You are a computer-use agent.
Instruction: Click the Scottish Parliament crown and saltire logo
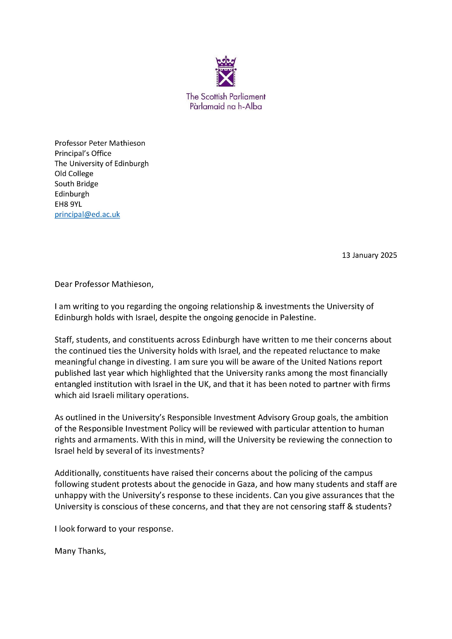226,71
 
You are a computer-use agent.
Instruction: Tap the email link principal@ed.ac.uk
87,214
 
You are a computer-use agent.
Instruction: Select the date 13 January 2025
369,255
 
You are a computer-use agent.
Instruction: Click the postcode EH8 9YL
68,204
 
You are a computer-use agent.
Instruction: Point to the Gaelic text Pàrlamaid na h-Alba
226,106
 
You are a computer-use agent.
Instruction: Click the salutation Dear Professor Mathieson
104,284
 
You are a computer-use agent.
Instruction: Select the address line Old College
74,174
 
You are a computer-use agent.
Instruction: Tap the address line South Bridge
76,184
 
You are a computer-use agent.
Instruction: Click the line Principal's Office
83,153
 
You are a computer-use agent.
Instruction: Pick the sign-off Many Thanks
80,551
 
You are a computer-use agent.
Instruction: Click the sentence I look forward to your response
114,529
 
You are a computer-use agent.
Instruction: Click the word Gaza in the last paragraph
245,484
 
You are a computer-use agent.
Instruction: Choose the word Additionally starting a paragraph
78,473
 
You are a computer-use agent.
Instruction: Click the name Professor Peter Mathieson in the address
100,143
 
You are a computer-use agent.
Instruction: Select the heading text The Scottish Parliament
226,96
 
